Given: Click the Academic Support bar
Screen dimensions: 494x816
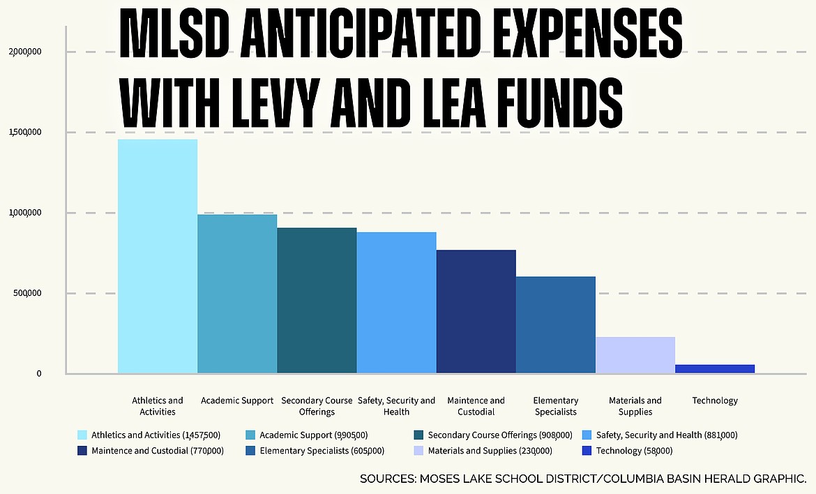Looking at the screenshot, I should tap(237, 294).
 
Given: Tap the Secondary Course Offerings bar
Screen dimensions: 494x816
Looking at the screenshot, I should tap(317, 300).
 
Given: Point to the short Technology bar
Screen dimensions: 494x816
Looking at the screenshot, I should tap(714, 368).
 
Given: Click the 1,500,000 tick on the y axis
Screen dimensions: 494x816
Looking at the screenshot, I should tap(25, 133).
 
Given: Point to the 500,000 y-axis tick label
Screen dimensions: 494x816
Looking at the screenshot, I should tap(27, 293).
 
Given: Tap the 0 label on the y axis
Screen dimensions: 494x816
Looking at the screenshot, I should tap(39, 373).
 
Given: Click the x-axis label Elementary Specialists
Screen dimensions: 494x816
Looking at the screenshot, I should tap(555, 406).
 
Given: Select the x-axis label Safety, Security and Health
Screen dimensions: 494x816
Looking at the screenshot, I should tap(396, 406).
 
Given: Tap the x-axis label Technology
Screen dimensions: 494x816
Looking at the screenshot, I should tap(714, 401).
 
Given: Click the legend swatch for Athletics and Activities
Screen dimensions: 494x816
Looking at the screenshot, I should tap(82, 435).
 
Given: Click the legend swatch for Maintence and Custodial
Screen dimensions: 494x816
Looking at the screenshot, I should tap(82, 451).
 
